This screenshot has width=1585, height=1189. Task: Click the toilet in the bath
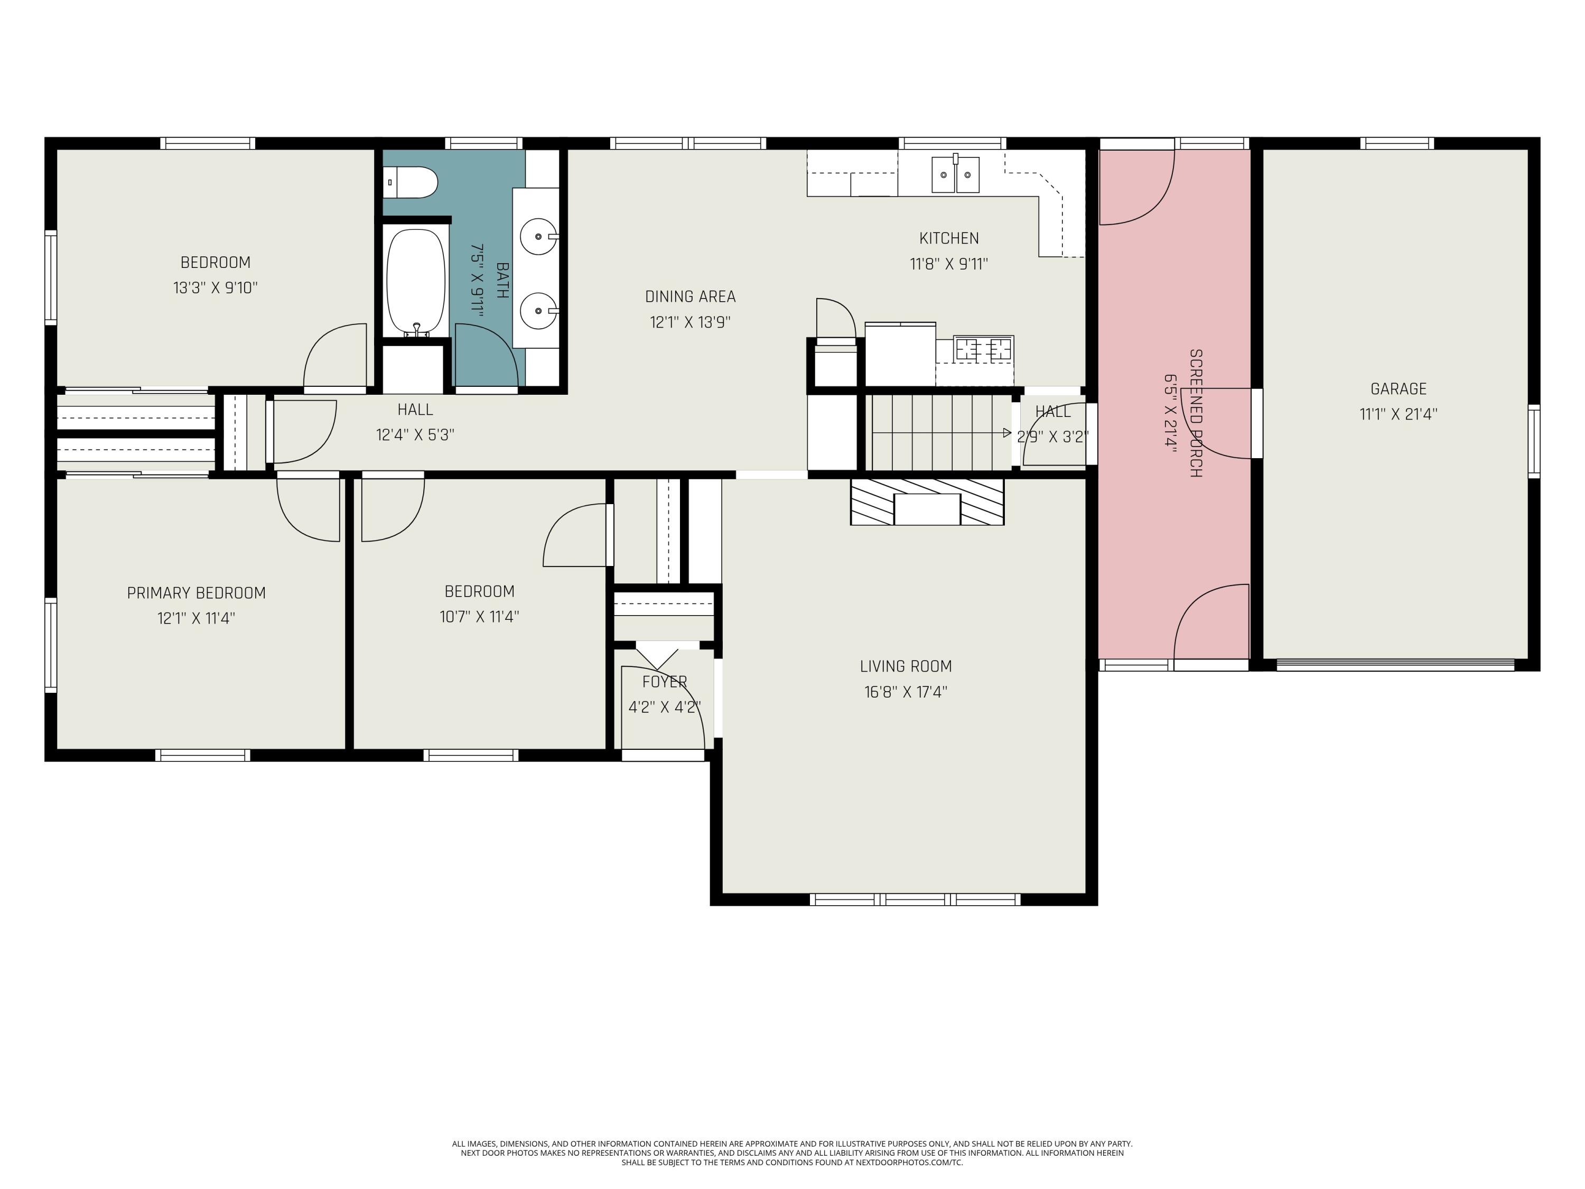point(411,183)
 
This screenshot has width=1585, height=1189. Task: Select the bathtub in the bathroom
point(416,282)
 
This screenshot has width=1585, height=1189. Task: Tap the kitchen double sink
point(955,174)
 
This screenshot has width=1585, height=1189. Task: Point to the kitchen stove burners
point(983,349)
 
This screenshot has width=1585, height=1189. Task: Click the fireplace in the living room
point(927,501)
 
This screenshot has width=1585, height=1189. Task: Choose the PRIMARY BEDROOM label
point(197,593)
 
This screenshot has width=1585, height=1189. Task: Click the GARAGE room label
point(1398,389)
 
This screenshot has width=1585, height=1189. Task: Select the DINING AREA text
point(690,296)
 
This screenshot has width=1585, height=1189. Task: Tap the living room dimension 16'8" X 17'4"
point(906,692)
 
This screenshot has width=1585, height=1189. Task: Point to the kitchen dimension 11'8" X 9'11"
point(949,264)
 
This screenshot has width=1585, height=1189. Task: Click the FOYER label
point(664,682)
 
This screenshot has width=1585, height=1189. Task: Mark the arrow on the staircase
point(941,433)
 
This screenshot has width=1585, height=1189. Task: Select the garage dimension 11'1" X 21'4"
point(1398,414)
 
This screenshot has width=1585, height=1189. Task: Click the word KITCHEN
point(949,238)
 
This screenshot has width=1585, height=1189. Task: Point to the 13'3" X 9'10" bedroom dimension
point(215,288)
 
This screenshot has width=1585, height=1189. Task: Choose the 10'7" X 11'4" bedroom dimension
point(479,616)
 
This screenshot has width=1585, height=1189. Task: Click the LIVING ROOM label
point(906,666)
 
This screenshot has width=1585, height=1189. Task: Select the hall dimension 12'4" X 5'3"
point(415,435)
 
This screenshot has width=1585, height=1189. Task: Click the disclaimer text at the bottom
point(792,1153)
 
